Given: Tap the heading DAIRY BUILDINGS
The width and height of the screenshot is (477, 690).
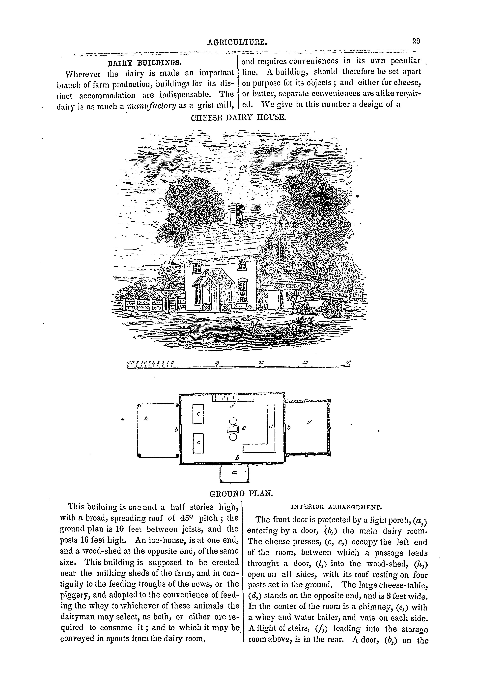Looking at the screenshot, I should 144,63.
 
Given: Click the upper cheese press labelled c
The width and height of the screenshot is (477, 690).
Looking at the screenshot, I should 198,414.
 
